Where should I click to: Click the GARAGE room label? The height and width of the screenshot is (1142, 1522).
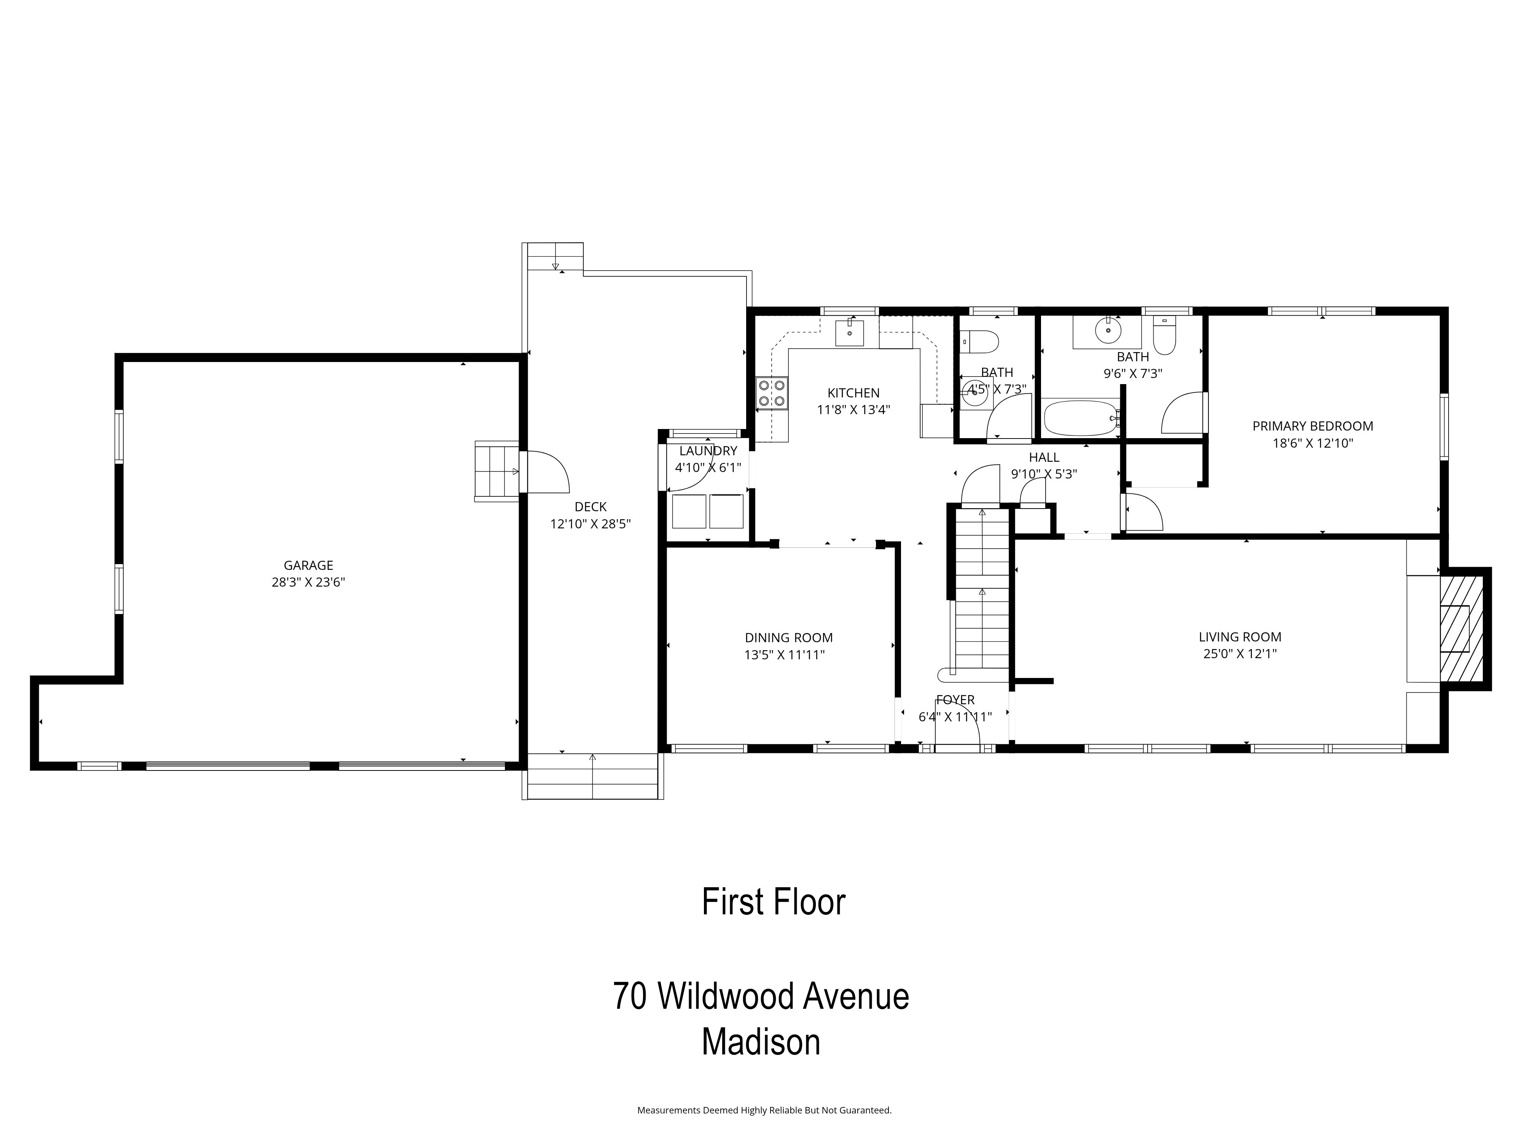308,565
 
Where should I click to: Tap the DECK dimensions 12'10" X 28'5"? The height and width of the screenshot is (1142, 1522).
591,524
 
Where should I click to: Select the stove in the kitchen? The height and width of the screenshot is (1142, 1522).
772,393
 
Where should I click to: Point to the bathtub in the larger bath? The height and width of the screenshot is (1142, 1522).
1080,418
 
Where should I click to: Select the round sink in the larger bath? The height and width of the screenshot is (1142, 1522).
1108,331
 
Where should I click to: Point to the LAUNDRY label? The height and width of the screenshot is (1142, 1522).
708,451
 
